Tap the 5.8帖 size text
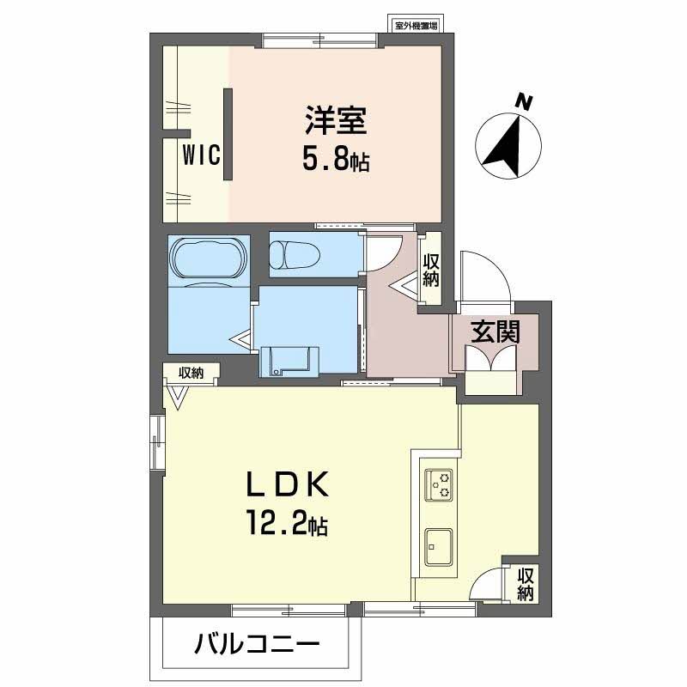coord(335,161)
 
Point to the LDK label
coord(288,486)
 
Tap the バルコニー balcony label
coord(257,643)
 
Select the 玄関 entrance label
coord(495,331)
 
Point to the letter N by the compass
coord(522,102)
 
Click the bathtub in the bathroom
coord(209,257)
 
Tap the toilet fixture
coord(295,254)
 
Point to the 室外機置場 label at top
coord(416,26)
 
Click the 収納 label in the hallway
coord(430,269)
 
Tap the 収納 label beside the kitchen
coord(525,584)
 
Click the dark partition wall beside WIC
coord(228,134)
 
